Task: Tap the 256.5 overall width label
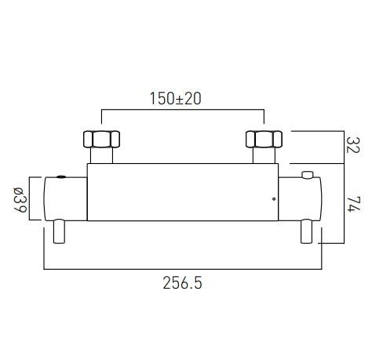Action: [x=183, y=283]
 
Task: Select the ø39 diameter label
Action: [x=20, y=200]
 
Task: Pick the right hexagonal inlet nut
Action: [x=264, y=140]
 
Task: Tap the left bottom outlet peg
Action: [x=58, y=232]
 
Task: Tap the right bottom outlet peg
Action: [x=308, y=232]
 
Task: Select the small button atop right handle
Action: [x=308, y=174]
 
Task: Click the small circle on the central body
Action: [x=272, y=199]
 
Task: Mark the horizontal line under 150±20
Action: [x=181, y=111]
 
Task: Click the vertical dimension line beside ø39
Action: [x=32, y=200]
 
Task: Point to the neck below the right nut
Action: [x=264, y=156]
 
